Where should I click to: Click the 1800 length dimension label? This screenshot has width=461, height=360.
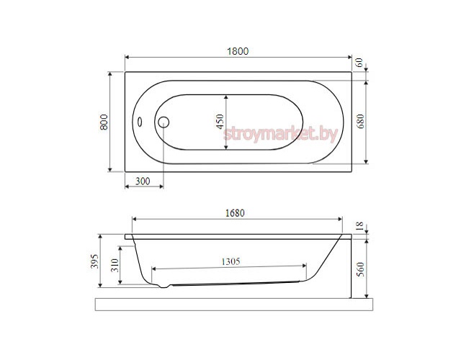[238, 51]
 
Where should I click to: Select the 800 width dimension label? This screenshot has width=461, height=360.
[104, 122]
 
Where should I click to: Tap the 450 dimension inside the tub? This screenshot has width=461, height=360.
[220, 122]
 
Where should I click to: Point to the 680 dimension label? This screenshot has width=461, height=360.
[360, 121]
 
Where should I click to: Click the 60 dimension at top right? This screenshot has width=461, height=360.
[359, 63]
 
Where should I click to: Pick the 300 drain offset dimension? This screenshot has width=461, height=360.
[143, 181]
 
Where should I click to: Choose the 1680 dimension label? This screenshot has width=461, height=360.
[235, 213]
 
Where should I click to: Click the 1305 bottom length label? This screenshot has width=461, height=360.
[230, 261]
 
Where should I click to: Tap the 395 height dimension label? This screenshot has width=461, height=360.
[94, 261]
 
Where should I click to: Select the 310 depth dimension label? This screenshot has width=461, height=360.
[115, 265]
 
